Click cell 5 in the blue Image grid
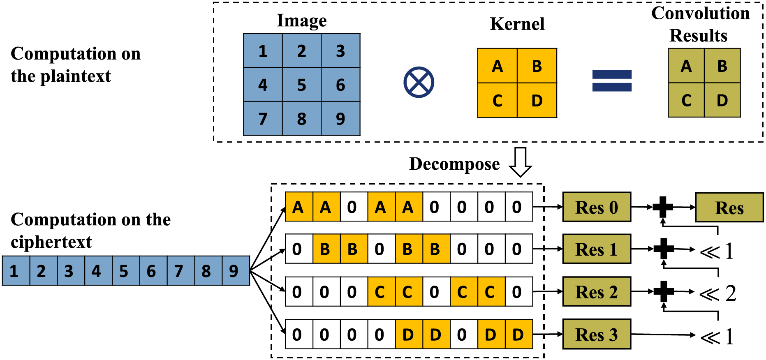click(301, 85)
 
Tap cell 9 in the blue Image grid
click(340, 119)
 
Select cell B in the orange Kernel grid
click(537, 66)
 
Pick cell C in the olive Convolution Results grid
click(686, 100)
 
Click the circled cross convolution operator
click(419, 83)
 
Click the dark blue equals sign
click(611, 81)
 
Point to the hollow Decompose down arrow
click(520, 162)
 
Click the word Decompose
click(454, 164)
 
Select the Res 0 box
click(596, 207)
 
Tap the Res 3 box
click(596, 335)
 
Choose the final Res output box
click(729, 208)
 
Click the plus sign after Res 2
click(663, 291)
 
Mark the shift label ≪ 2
click(718, 293)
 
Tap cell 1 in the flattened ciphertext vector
click(16, 271)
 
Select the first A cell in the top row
click(299, 207)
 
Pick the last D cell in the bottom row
click(518, 335)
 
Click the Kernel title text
click(517, 24)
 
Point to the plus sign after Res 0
click(663, 207)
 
